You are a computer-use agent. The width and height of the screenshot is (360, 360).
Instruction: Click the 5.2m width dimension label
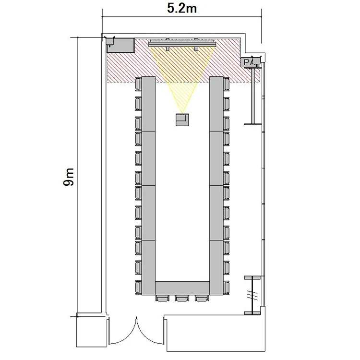(x=181, y=9)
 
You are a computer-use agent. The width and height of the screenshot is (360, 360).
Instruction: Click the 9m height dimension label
(x=69, y=177)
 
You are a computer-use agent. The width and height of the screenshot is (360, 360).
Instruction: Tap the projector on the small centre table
(x=182, y=120)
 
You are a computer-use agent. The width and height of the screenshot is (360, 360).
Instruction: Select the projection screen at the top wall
(x=182, y=43)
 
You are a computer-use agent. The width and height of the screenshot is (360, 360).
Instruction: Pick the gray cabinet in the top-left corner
(x=120, y=46)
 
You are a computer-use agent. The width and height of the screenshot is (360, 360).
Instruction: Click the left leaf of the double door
(x=122, y=331)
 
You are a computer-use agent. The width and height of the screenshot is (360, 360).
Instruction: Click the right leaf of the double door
(x=151, y=331)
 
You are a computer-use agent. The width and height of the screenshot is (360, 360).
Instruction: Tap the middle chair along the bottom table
(x=182, y=298)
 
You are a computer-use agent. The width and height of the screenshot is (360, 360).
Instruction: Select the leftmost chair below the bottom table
(x=163, y=298)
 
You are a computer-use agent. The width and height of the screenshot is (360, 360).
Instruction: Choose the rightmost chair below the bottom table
(x=202, y=298)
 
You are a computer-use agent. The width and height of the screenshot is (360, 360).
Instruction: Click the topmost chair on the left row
(x=138, y=84)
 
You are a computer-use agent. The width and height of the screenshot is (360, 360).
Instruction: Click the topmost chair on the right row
(x=227, y=84)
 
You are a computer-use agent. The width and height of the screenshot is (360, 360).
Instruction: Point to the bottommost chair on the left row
(x=138, y=288)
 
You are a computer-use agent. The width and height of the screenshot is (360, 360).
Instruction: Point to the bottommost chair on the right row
(x=227, y=288)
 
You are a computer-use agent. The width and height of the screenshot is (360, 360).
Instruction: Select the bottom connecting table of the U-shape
(x=182, y=288)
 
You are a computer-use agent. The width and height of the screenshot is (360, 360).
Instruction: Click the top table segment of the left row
(x=148, y=104)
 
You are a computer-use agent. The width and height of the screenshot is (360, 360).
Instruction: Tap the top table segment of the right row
(x=216, y=104)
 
